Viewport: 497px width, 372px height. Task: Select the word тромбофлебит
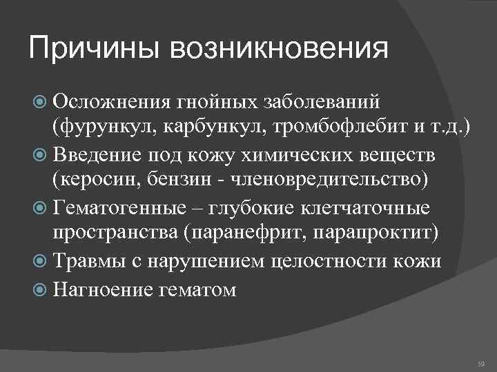coord(322,128)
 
